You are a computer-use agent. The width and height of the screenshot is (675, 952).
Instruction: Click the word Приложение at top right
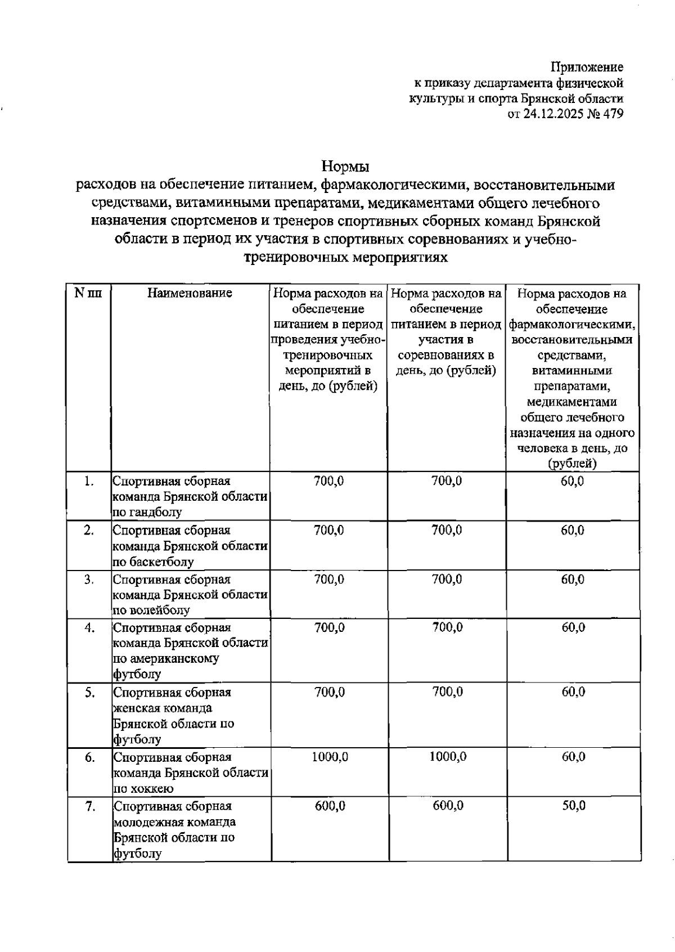[x=587, y=68]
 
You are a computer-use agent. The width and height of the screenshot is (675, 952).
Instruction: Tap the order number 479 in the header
[x=612, y=115]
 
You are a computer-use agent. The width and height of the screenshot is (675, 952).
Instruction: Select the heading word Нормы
[x=345, y=167]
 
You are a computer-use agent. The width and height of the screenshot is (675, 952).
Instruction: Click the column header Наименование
[x=190, y=293]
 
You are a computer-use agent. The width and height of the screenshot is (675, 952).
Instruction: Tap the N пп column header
[x=88, y=293]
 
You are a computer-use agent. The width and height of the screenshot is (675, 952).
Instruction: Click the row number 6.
[x=89, y=757]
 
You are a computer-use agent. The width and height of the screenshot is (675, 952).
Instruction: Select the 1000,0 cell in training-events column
[x=330, y=757]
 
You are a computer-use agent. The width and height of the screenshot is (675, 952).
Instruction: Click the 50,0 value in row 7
[x=573, y=806]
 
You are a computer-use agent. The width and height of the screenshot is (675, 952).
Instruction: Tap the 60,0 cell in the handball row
[x=573, y=481]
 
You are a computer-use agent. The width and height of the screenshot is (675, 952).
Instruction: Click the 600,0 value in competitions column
[x=448, y=806]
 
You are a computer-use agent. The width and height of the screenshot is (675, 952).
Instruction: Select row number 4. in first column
[x=89, y=628]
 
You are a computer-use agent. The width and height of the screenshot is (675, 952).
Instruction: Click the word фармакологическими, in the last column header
[x=573, y=325]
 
